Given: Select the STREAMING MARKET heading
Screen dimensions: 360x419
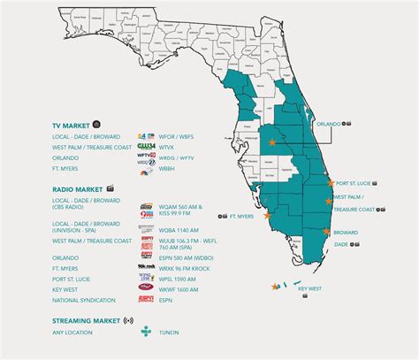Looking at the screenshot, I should tap(86, 319).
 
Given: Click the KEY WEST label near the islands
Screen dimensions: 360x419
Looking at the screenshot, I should tap(310, 288).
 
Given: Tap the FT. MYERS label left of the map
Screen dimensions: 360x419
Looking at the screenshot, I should tap(243, 215).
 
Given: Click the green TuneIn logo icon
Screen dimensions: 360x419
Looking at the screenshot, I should tap(147, 333).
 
